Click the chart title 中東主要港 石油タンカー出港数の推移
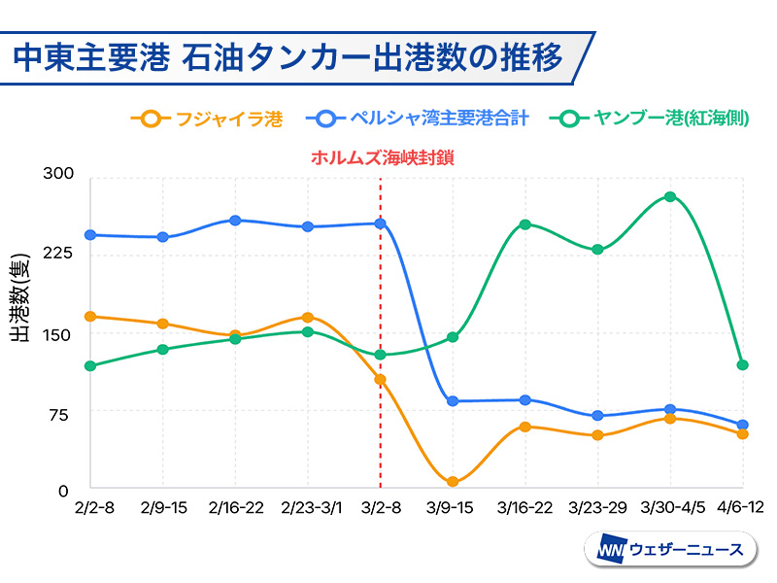pos(288,56)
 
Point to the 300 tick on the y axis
pos(59,175)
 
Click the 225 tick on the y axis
pos(59,254)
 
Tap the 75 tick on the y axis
pos(59,412)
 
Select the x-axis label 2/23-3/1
pos(308,508)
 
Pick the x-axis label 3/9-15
pos(454,508)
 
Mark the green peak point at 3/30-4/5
pos(670,196)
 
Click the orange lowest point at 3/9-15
pos(453,482)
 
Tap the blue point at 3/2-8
pos(381,223)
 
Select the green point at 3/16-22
pos(525,224)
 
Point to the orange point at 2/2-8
pos(90,317)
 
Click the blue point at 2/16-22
pos(235,221)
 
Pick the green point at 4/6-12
pos(743,365)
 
